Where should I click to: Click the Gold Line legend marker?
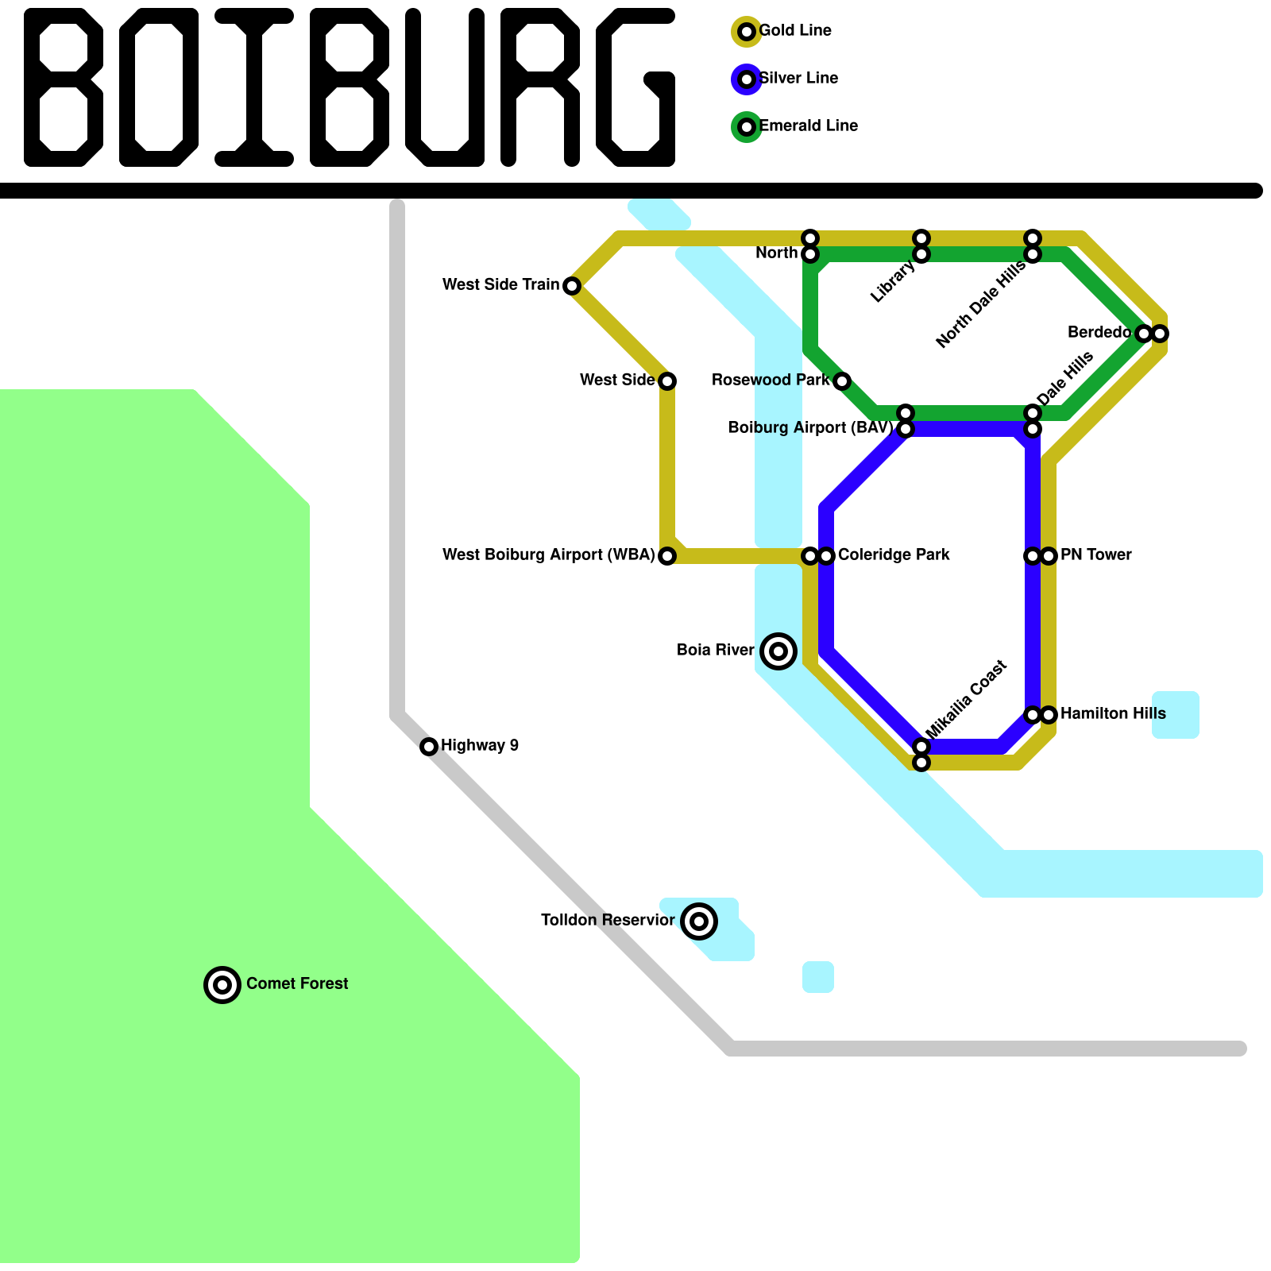click(x=746, y=32)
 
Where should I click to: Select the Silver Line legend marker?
click(x=746, y=79)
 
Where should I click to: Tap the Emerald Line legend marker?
click(x=746, y=127)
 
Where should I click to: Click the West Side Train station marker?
click(x=572, y=286)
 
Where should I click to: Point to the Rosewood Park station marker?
click(x=842, y=381)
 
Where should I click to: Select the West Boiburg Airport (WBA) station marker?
click(x=667, y=556)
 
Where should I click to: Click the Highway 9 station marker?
click(x=429, y=747)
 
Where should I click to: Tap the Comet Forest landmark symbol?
click(x=222, y=985)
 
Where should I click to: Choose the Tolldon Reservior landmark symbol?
click(x=699, y=921)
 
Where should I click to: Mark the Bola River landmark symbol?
click(x=778, y=651)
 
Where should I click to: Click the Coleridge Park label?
click(x=894, y=555)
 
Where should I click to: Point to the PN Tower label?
click(x=1095, y=555)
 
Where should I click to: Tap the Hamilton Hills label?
click(x=1112, y=714)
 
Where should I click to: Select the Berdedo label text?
click(x=1099, y=333)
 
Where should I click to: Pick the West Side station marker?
click(x=667, y=381)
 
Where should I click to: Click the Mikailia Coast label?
click(x=967, y=699)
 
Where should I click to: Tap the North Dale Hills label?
click(x=981, y=305)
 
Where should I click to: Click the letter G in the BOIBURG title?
click(x=635, y=87)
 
